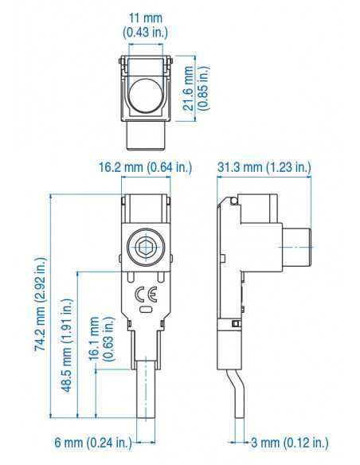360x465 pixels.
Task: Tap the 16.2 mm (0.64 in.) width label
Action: point(146,167)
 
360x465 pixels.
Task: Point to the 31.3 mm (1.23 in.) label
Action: point(264,167)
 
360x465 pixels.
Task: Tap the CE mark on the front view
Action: point(146,291)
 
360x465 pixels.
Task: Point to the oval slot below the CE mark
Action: point(146,307)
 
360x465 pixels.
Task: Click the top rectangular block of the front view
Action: point(146,207)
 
